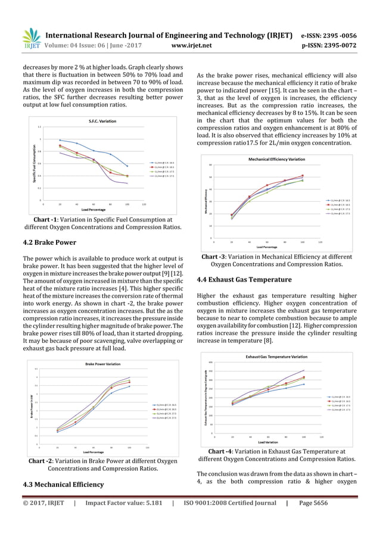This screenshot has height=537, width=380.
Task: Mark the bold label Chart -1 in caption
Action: coord(46,218)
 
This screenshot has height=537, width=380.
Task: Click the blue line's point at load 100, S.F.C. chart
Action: coord(127,166)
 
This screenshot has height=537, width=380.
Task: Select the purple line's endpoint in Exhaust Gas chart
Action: coord(304,370)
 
